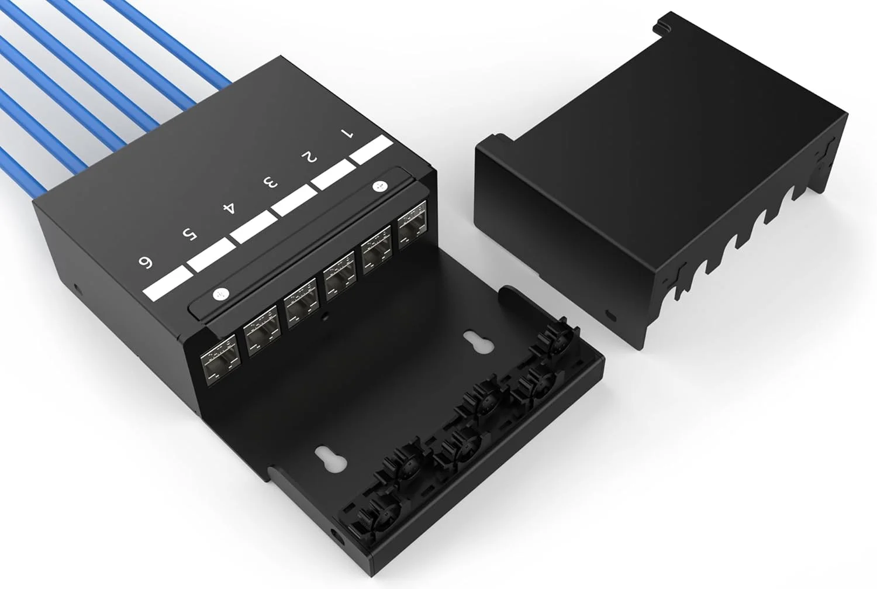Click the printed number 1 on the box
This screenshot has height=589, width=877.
(347, 133)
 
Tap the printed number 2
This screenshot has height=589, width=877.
(309, 157)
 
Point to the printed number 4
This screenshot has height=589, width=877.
(229, 208)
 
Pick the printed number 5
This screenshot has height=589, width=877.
(189, 235)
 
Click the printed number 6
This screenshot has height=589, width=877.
(146, 262)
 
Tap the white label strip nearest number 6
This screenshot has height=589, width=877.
(168, 283)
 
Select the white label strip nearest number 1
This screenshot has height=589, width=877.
(371, 149)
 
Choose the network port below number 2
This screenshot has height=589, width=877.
(377, 250)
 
